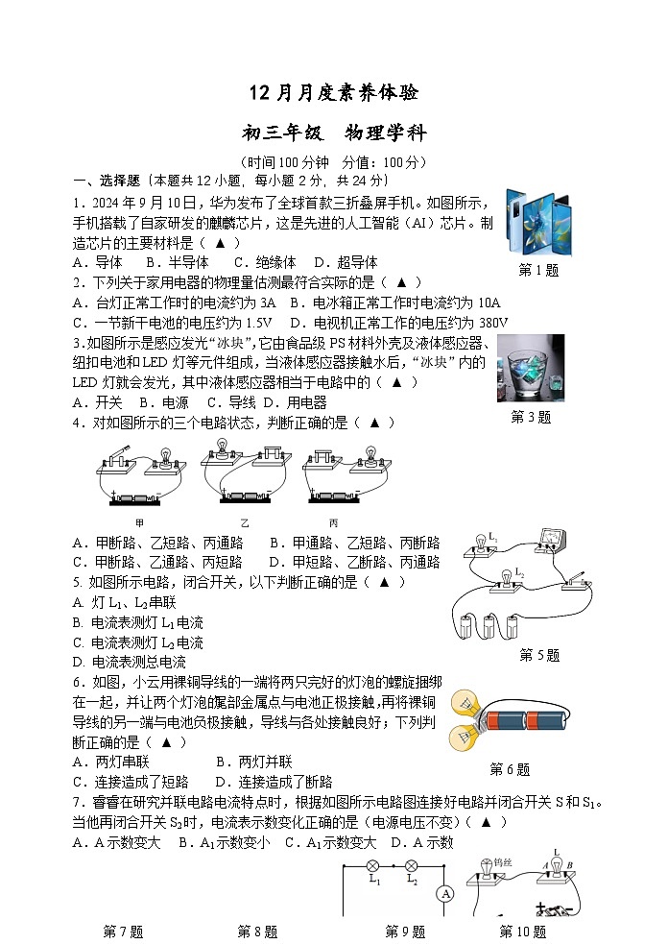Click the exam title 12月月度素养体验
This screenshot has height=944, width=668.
point(333,93)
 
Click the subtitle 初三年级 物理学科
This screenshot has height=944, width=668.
point(333,133)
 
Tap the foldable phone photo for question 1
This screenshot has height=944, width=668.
point(538,222)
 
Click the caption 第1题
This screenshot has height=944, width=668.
point(538,270)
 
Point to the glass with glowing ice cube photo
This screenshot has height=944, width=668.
point(531,368)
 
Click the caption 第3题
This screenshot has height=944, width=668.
point(531,417)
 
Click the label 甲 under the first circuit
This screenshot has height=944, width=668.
point(139,522)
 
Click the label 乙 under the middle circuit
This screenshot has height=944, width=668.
point(244,522)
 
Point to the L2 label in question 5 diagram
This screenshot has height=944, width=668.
point(519,572)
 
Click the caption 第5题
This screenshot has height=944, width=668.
point(538,655)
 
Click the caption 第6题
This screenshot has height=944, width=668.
point(510,769)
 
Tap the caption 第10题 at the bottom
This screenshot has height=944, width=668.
point(522,932)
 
